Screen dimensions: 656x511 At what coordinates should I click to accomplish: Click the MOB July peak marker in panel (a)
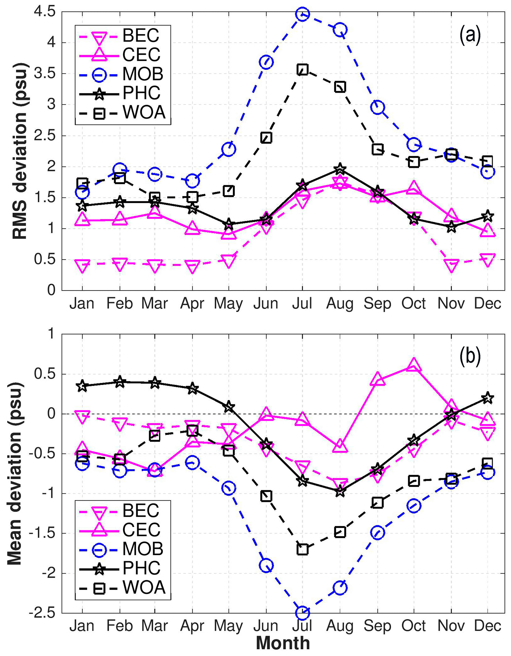[x=302, y=14]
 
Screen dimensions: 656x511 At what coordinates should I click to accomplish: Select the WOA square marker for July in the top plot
[x=302, y=70]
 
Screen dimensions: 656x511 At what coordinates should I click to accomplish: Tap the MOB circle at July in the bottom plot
[x=302, y=612]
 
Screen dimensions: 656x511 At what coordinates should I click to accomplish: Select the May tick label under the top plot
[x=228, y=303]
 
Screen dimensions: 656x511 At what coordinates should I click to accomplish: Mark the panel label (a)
[x=470, y=35]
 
